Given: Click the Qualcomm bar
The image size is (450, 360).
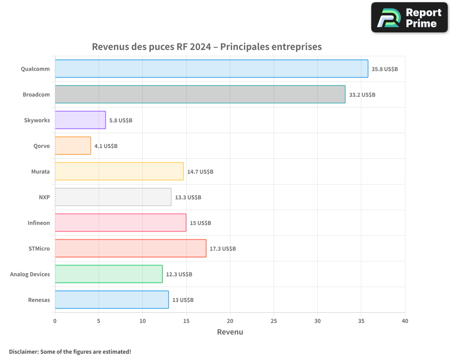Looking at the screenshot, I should pos(211,69).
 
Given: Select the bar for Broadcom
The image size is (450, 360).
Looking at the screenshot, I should pos(200,94).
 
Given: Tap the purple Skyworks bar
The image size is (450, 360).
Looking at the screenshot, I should pos(81,120).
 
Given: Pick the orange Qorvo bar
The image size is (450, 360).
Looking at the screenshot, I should pos(73,146).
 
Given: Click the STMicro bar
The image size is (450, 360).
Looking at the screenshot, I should pos(130,248).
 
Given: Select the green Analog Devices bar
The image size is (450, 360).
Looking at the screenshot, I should pos(109,274).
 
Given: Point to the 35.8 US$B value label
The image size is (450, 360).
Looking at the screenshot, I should pos(385,69).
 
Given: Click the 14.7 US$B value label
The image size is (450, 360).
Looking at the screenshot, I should pos(200,172).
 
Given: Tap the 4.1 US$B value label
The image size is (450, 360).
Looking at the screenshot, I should pos(106,146).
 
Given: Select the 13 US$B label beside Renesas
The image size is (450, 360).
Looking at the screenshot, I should pos(183,300).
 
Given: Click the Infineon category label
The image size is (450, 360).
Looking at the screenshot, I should pos(39,223).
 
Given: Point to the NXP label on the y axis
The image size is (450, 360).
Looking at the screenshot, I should pos(44,198).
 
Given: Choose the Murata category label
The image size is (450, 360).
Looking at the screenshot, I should pos(40,172).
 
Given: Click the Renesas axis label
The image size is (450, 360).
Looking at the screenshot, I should pos(39,300).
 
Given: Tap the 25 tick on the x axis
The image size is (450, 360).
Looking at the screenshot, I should pos(274,321).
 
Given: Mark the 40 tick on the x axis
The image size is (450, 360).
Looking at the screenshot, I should pos(405,321).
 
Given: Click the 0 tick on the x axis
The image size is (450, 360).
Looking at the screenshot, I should pos(55,321).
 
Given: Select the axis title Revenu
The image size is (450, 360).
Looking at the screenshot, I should pos(230,332).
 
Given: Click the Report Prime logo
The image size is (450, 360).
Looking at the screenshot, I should pos(409,18).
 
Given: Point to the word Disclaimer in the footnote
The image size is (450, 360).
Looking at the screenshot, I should pos(23,351).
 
